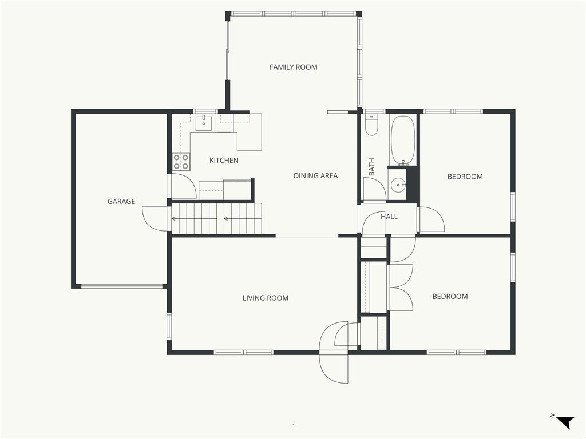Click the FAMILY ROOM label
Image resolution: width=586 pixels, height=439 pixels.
tap(294, 67)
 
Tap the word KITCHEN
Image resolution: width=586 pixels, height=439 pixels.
tap(224, 161)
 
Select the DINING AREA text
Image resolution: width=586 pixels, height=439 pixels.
tap(315, 176)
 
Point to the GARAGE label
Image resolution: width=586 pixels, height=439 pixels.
tap(121, 202)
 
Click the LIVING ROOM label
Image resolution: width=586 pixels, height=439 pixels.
tap(266, 298)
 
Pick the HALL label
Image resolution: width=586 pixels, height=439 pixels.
tap(389, 217)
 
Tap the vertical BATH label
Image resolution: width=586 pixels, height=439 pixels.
tap(371, 167)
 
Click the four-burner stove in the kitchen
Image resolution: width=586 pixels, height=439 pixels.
tap(181, 162)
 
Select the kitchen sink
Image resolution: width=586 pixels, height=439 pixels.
tap(203, 123)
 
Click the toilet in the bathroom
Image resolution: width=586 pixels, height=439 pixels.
tap(371, 125)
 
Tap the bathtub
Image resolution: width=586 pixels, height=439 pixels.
tap(402, 140)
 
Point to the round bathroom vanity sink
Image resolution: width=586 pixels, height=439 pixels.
tap(399, 185)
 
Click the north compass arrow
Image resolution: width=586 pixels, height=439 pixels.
tap(565, 422)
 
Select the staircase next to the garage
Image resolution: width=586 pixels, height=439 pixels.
tap(216, 219)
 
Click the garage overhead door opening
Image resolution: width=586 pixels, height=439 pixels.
tap(122, 286)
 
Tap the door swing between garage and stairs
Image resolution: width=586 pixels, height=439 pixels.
tap(155, 219)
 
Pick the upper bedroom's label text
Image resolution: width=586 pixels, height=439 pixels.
tap(465, 177)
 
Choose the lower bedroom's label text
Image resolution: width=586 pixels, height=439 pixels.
tap(450, 297)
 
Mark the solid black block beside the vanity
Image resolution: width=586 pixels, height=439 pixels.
tap(411, 183)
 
